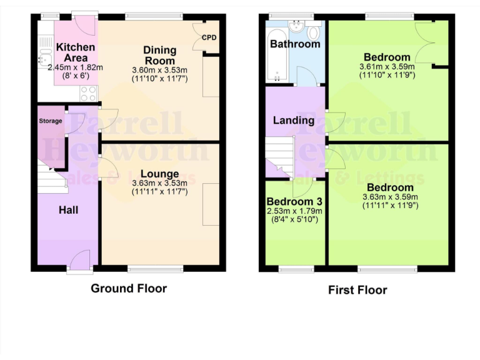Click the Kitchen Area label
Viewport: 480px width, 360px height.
click(75, 52)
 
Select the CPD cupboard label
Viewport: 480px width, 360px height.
click(209, 37)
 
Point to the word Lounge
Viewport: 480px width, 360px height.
click(159, 173)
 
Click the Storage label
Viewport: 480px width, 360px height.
click(51, 121)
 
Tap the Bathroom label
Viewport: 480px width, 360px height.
click(295, 44)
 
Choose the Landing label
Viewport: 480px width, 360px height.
click(293, 120)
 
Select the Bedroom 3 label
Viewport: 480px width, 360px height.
click(294, 202)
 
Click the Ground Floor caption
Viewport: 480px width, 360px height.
click(129, 288)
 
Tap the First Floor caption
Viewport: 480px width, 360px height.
click(357, 290)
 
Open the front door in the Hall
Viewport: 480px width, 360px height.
click(81, 261)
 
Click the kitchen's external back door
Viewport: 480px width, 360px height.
click(84, 22)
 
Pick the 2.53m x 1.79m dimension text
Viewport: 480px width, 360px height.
click(294, 211)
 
